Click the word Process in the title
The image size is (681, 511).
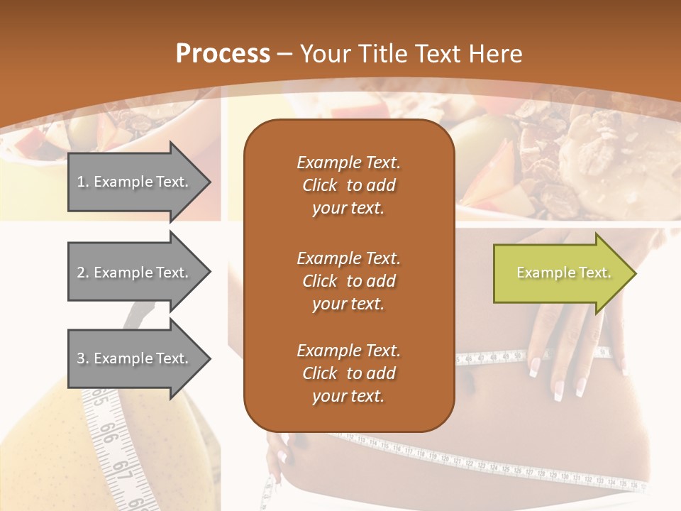click(223, 54)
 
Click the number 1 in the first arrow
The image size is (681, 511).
click(80, 182)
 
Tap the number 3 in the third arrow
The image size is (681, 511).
click(81, 358)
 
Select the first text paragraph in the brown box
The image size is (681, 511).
click(348, 185)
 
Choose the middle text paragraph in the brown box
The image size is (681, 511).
click(348, 280)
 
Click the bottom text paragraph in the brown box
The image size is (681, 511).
click(348, 373)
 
